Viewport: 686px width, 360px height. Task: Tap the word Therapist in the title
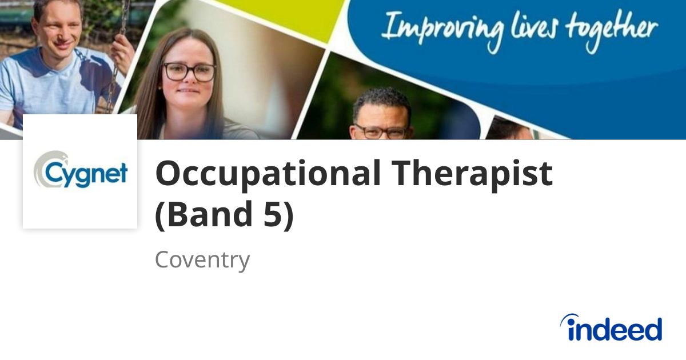(472, 174)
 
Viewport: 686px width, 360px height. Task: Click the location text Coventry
(202, 260)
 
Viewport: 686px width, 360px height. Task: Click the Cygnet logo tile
(80, 171)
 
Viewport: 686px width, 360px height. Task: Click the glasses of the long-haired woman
(189, 71)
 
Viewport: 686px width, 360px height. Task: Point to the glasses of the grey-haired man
(380, 131)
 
